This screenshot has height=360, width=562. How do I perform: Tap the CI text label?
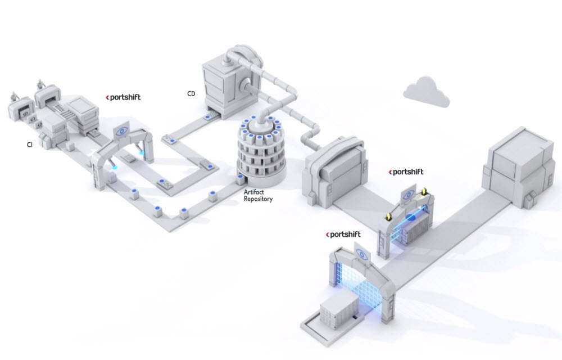29,145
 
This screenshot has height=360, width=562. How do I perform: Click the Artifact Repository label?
258,195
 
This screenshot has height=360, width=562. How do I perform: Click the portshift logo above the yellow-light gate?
406,172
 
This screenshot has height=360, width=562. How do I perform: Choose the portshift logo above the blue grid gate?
343,233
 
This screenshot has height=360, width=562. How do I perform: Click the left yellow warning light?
387,217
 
